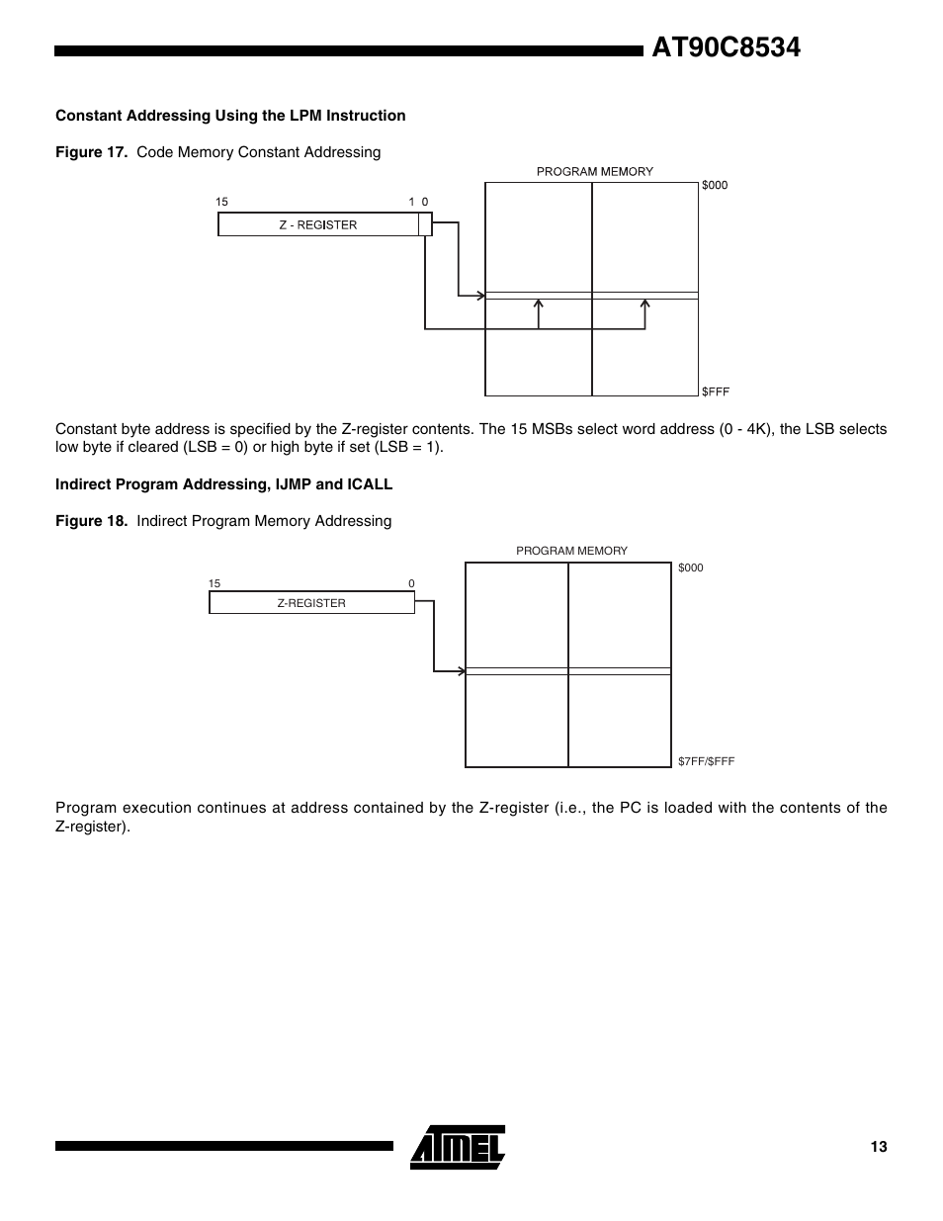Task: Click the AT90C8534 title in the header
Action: pyautogui.click(x=726, y=47)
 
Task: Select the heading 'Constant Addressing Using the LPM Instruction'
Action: pyautogui.click(x=230, y=116)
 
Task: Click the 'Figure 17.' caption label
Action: pyautogui.click(x=92, y=152)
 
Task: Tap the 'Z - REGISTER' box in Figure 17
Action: pyautogui.click(x=317, y=224)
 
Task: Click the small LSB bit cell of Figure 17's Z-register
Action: pyautogui.click(x=425, y=224)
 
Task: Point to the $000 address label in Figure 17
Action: pyautogui.click(x=715, y=185)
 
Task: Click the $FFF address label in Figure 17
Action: pyautogui.click(x=716, y=392)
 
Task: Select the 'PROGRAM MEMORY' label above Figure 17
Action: pyautogui.click(x=594, y=171)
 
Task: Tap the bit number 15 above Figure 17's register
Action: pyautogui.click(x=221, y=202)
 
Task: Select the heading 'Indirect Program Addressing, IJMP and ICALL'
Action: pyautogui.click(x=223, y=484)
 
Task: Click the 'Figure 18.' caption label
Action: pyautogui.click(x=92, y=521)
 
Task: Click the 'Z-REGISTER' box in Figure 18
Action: pyautogui.click(x=311, y=603)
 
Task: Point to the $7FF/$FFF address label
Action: pyautogui.click(x=706, y=761)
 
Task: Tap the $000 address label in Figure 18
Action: pyautogui.click(x=691, y=567)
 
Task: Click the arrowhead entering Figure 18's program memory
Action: pyautogui.click(x=461, y=671)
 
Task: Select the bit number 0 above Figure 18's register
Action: pyautogui.click(x=411, y=584)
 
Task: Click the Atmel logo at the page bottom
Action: pyautogui.click(x=458, y=1147)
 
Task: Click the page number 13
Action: pyautogui.click(x=879, y=1147)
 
